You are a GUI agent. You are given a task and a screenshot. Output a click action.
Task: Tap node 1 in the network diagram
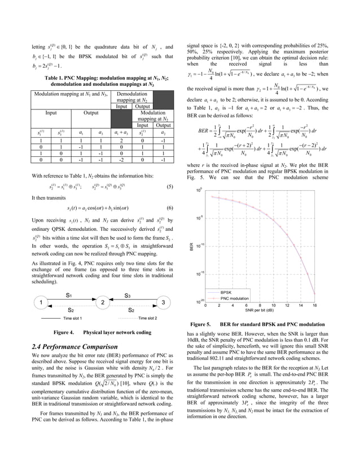click(x=41, y=303)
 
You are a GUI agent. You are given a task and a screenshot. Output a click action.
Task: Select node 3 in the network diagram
click(x=163, y=303)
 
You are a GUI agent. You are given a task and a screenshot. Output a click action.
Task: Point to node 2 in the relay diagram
click(x=103, y=303)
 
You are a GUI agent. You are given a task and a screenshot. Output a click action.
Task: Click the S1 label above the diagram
click(x=69, y=294)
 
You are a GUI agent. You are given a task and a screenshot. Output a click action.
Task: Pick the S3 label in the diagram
click(x=128, y=294)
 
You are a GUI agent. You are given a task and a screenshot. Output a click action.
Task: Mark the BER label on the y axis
click(x=191, y=246)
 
